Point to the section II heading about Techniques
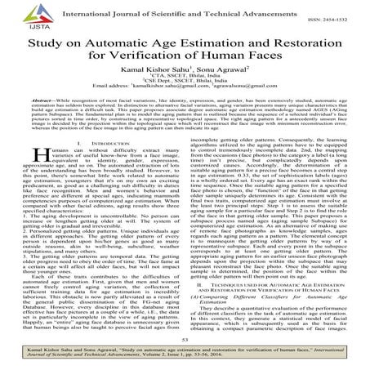click(x=277, y=282)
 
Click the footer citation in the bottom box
click(x=185, y=354)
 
